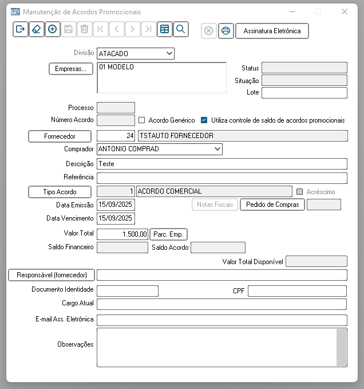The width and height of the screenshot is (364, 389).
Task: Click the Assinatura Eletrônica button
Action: (272, 31)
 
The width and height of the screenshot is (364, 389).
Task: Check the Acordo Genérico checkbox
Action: (142, 120)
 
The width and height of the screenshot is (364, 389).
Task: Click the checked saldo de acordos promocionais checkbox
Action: (204, 120)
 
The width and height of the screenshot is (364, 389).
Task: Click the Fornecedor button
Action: (60, 136)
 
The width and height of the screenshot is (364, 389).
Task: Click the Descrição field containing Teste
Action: (222, 164)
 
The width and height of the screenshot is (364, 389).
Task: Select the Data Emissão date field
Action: (116, 204)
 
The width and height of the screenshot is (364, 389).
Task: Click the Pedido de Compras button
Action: (272, 205)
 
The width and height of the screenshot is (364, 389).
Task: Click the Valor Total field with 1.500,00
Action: (122, 234)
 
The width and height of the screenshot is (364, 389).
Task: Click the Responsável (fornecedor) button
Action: (52, 275)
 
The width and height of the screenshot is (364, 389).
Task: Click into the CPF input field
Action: (297, 291)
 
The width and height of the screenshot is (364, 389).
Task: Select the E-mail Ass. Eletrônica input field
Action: (222, 320)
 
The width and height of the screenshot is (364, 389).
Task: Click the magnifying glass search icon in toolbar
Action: (180, 29)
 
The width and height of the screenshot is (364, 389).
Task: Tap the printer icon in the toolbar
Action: (225, 31)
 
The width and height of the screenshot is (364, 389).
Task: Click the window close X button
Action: (344, 11)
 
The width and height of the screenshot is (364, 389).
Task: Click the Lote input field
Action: (304, 93)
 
